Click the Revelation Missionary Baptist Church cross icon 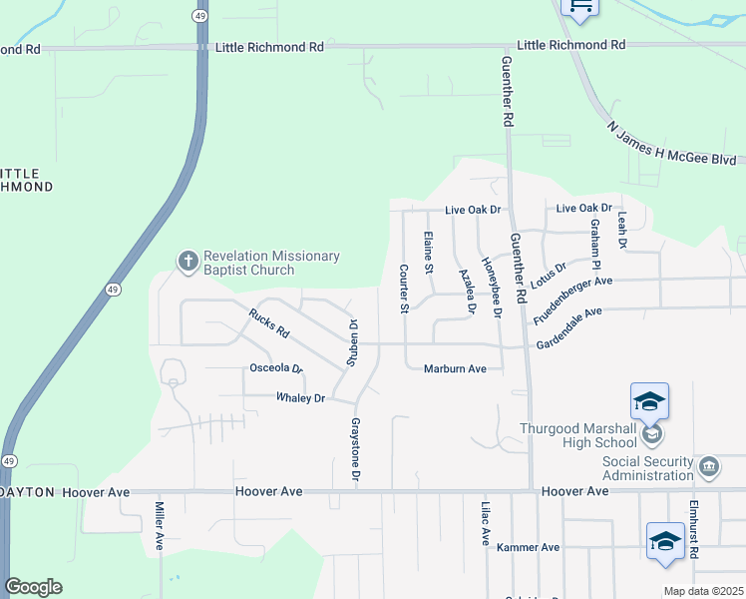pyautogui.click(x=187, y=263)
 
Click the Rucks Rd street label pyautogui.click(x=268, y=322)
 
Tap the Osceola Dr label pyautogui.click(x=274, y=368)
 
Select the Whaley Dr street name pyautogui.click(x=300, y=398)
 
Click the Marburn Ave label pyautogui.click(x=455, y=368)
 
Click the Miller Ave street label pyautogui.click(x=159, y=526)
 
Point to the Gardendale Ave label pyautogui.click(x=569, y=327)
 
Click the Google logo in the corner pyautogui.click(x=33, y=587)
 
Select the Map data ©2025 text pyautogui.click(x=702, y=591)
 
